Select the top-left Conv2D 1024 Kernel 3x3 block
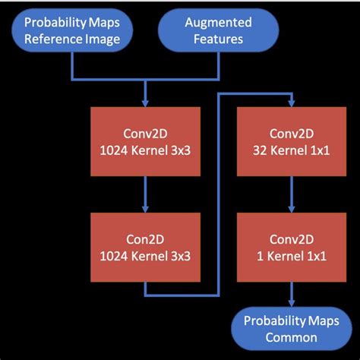144,143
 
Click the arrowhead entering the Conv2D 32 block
290,103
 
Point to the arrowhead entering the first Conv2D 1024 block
144,103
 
